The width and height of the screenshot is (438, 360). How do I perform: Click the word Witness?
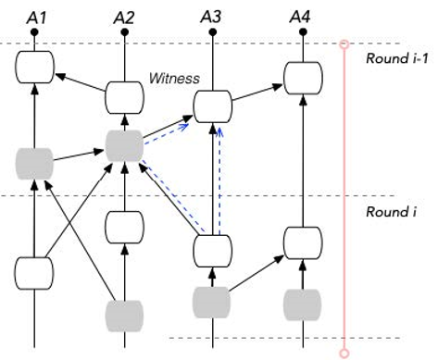point(174,80)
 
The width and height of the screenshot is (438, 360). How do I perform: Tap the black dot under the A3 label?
point(212,32)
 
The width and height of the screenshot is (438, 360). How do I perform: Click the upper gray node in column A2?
point(123,145)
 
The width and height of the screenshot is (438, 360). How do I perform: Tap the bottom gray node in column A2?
point(123,315)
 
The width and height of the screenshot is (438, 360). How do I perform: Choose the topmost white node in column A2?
point(123,95)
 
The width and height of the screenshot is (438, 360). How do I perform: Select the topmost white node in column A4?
point(300,77)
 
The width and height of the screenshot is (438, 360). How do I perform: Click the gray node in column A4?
point(300,302)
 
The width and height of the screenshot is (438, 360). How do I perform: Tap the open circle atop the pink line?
point(344,43)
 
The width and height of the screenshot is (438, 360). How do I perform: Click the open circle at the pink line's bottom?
point(344,353)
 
